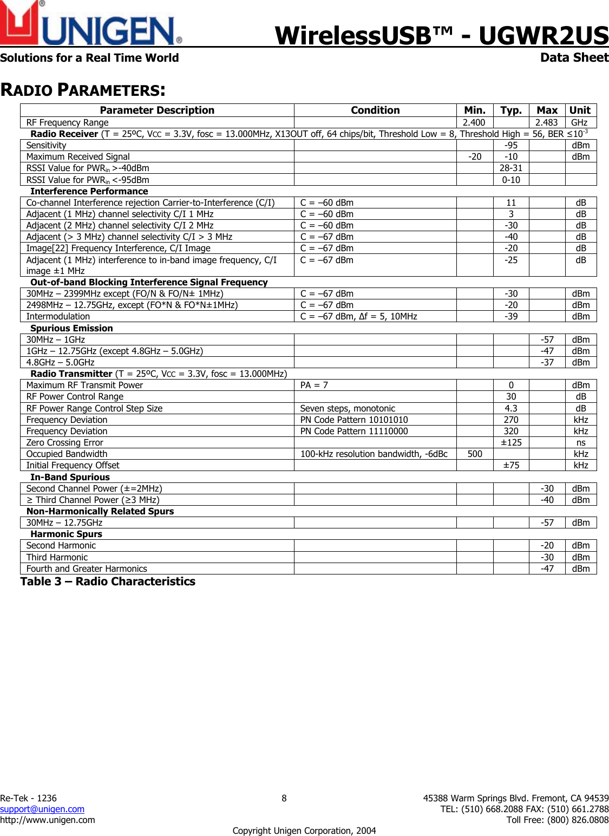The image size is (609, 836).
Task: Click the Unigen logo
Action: coord(90,24)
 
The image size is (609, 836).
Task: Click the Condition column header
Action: coord(375,110)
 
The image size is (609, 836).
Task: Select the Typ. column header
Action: coord(510,110)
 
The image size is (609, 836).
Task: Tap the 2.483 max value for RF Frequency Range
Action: coord(546,122)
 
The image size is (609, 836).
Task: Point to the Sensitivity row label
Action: coord(47,145)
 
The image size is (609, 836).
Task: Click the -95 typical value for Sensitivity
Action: coord(510,145)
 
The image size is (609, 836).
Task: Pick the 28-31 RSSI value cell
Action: coord(510,168)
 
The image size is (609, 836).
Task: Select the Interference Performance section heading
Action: coord(89,191)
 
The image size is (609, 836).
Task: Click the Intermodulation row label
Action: coord(58,316)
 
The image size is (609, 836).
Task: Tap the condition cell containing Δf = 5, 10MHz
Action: coord(359,316)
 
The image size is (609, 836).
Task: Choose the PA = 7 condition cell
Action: coord(314,385)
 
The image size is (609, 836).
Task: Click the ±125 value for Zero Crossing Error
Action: coord(510,442)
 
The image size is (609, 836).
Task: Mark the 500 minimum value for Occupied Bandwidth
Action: coord(475,454)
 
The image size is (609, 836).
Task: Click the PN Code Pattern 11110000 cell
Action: coord(354,431)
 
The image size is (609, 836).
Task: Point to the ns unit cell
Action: coord(581,442)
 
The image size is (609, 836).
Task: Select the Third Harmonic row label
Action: coord(57,557)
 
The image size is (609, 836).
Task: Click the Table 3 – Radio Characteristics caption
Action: coord(108,582)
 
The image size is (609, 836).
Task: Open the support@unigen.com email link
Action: coord(42,809)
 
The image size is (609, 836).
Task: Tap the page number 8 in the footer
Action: coord(284,798)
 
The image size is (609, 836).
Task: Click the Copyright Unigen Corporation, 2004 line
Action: coord(304,831)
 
